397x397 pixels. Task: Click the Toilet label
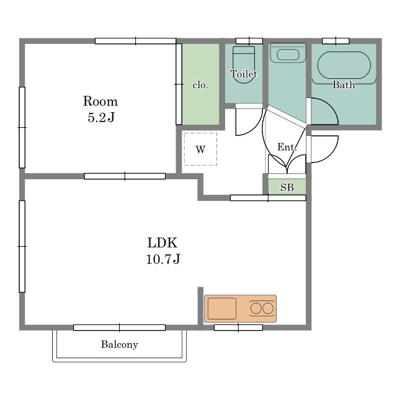(244, 74)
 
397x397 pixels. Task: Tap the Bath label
(343, 84)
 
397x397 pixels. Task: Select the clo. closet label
(200, 85)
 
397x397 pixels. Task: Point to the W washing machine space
(200, 149)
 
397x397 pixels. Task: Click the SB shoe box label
(287, 187)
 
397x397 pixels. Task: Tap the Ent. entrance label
(287, 147)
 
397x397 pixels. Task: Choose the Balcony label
(120, 344)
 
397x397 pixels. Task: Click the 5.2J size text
(101, 117)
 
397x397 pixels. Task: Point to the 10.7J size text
(163, 259)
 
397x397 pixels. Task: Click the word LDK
(163, 243)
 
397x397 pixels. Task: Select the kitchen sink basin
(222, 309)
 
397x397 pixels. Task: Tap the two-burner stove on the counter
(262, 308)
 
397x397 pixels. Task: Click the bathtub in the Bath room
(344, 65)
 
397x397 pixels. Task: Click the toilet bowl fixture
(244, 65)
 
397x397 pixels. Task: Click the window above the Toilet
(249, 41)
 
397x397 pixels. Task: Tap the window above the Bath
(336, 41)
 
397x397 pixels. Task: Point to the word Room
(100, 101)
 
